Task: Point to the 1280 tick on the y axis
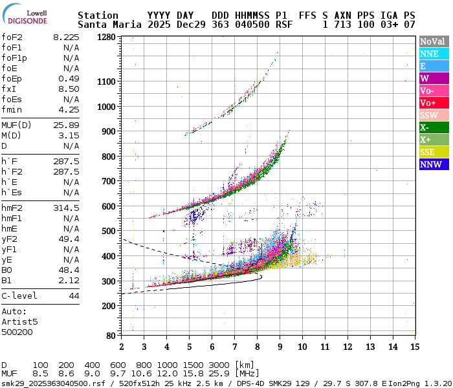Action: (106, 37)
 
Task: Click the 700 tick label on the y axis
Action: (109, 181)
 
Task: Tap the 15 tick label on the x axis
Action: (414, 347)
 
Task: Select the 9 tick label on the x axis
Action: (279, 347)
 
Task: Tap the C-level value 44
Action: (74, 296)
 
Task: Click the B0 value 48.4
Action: (69, 270)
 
